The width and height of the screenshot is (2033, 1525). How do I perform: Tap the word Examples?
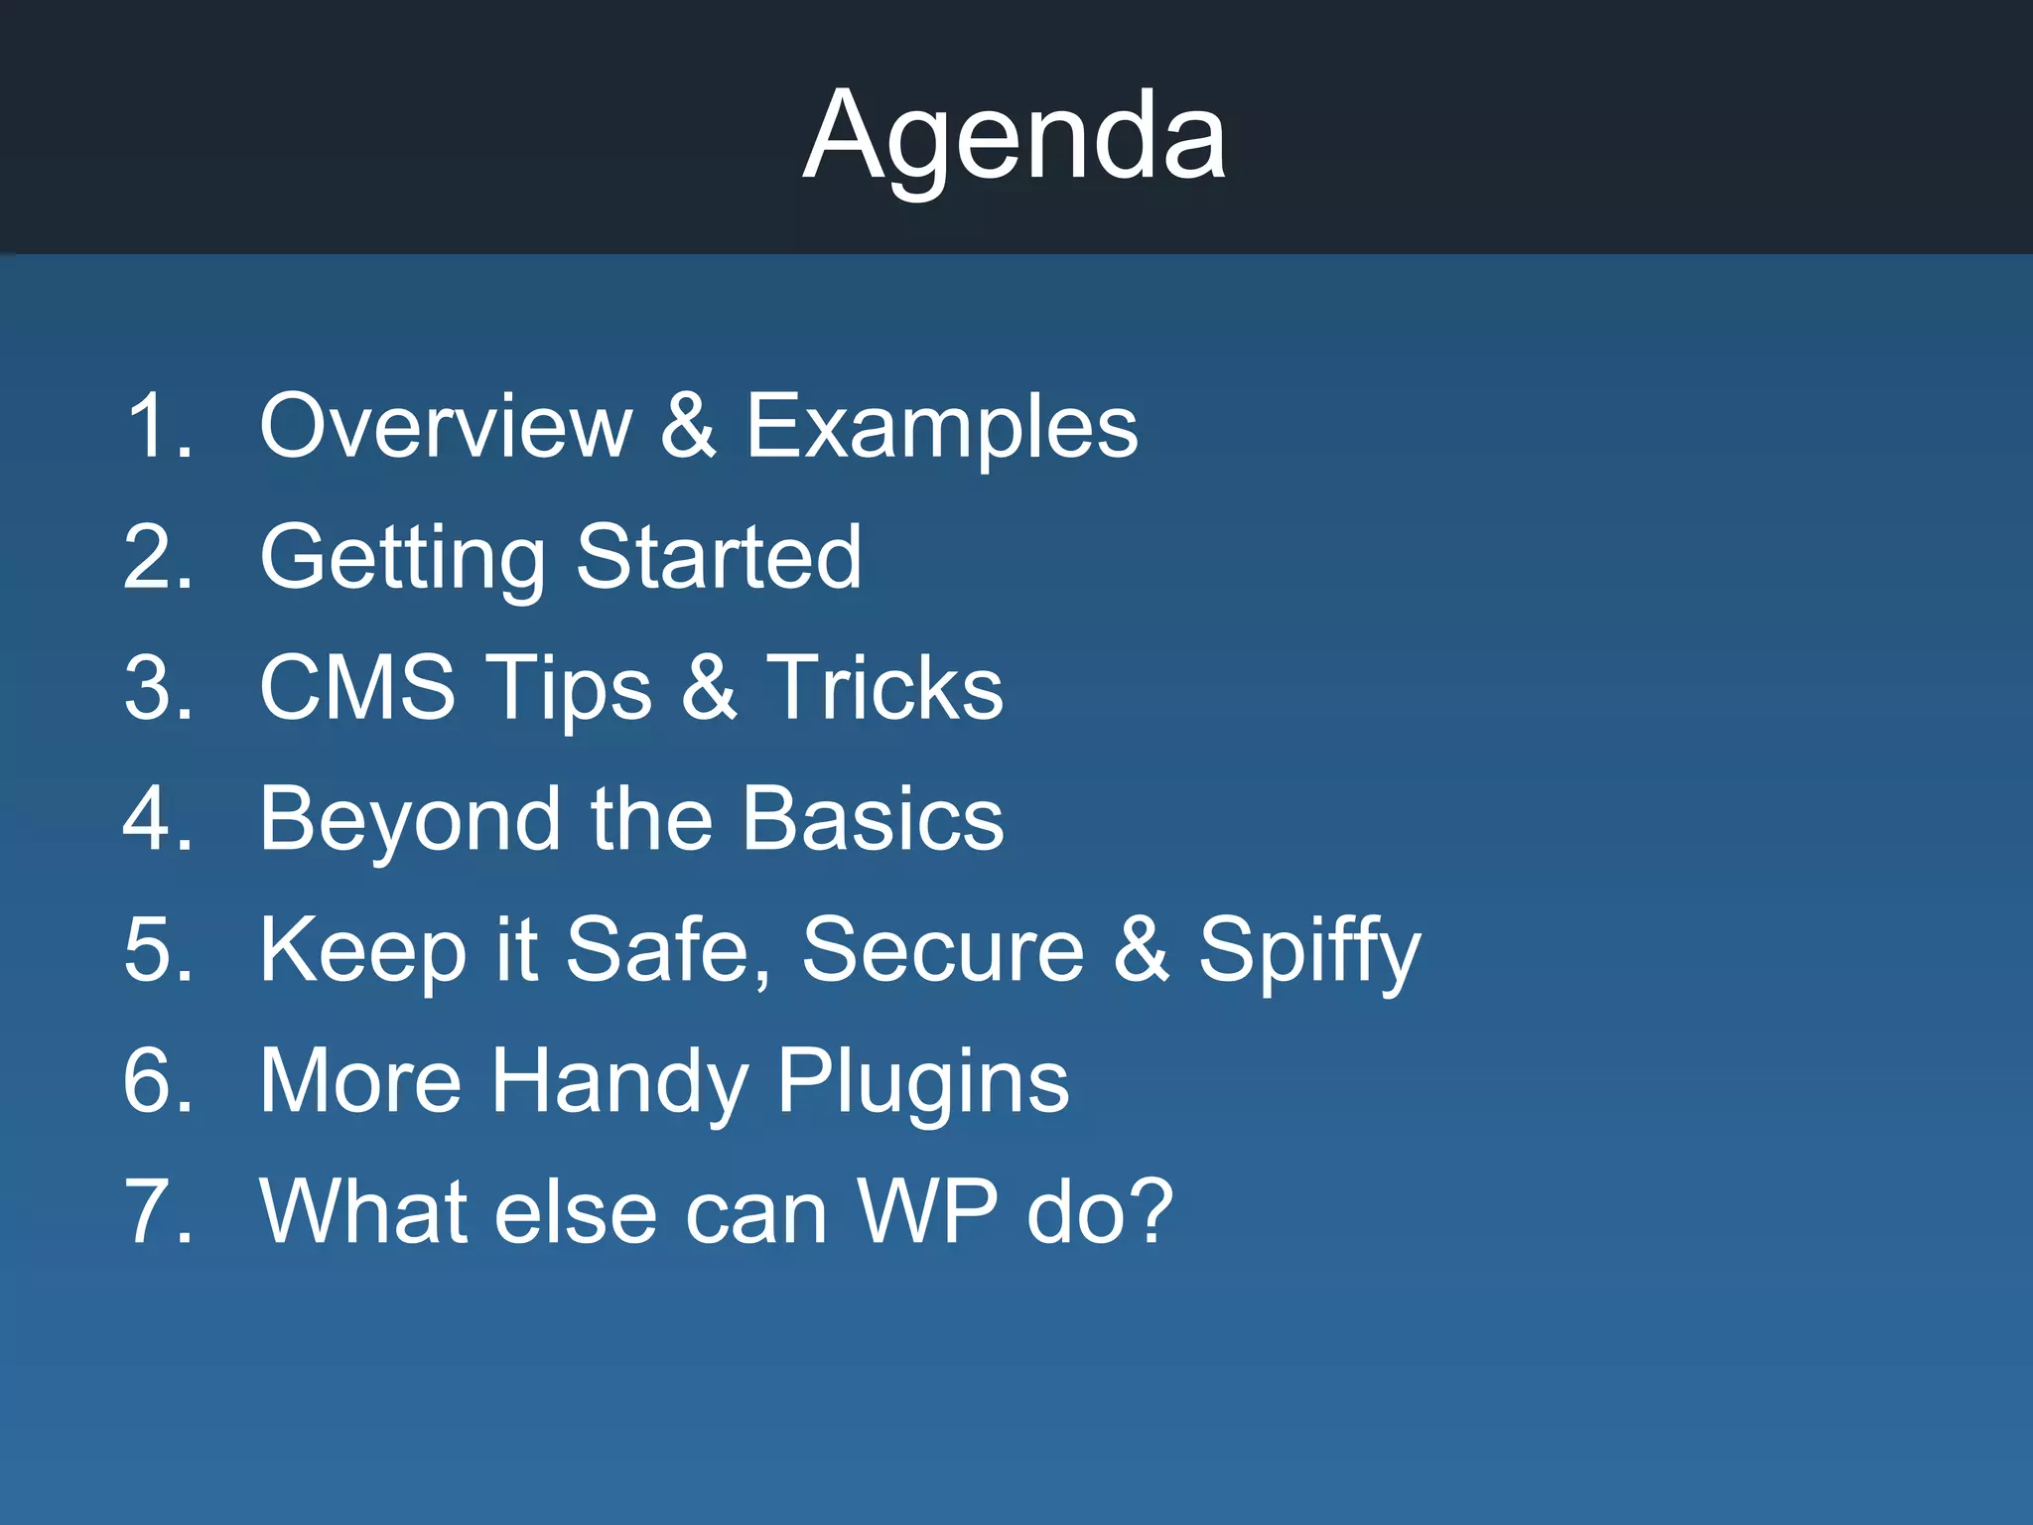pyautogui.click(x=941, y=427)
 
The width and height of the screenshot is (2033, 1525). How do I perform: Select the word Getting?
pyautogui.click(x=402, y=558)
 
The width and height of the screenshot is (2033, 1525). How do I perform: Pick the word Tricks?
pyautogui.click(x=884, y=687)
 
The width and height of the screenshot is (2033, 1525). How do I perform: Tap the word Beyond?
pyautogui.click(x=410, y=820)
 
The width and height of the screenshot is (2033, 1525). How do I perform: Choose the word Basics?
pyautogui.click(x=873, y=818)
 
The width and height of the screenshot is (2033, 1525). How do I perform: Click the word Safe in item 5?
pyautogui.click(x=667, y=950)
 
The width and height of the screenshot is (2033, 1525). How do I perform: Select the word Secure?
pyautogui.click(x=942, y=950)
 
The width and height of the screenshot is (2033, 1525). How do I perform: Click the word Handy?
pyautogui.click(x=619, y=1082)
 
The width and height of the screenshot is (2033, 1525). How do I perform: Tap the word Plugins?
pyautogui.click(x=922, y=1082)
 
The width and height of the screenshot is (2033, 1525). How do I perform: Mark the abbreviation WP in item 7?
pyautogui.click(x=927, y=1211)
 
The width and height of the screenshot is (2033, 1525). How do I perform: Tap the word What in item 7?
pyautogui.click(x=361, y=1211)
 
